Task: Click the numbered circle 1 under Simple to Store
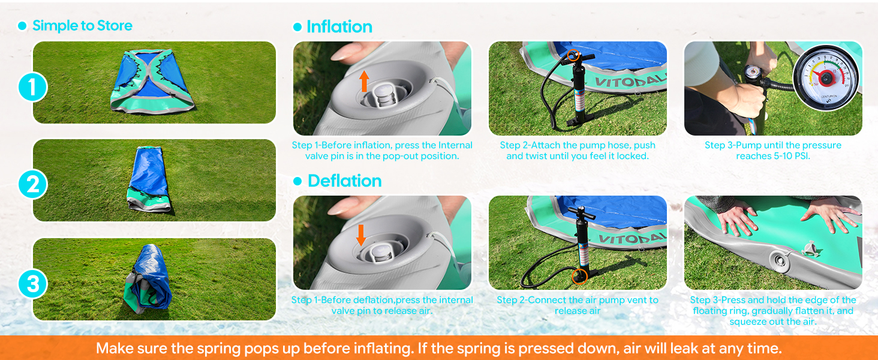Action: [32, 88]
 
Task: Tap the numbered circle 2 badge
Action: [32, 184]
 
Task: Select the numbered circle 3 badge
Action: [32, 283]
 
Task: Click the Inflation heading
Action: [339, 27]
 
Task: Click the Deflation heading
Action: [344, 181]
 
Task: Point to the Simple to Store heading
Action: [82, 26]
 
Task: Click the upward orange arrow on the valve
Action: [363, 81]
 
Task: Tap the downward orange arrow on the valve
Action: [360, 235]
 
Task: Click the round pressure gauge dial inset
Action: [826, 77]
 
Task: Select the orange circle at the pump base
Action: [579, 276]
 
